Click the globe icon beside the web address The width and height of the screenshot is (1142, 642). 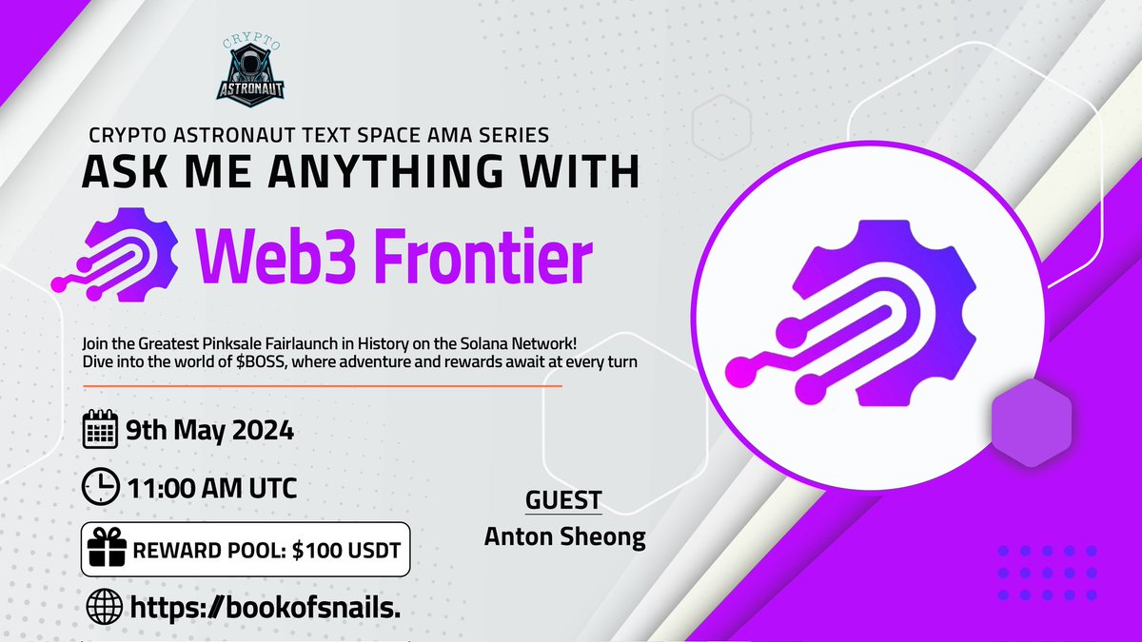102,607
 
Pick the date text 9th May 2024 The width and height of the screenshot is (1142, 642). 209,431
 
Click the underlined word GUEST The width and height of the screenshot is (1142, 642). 563,500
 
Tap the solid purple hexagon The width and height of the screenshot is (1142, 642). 1032,422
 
